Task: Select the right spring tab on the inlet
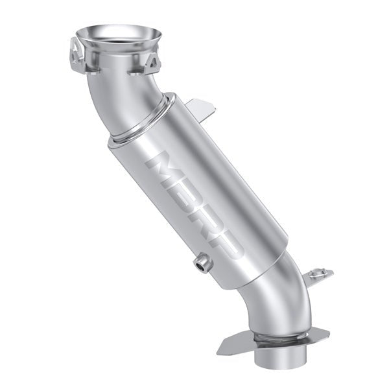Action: pyautogui.click(x=154, y=62)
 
